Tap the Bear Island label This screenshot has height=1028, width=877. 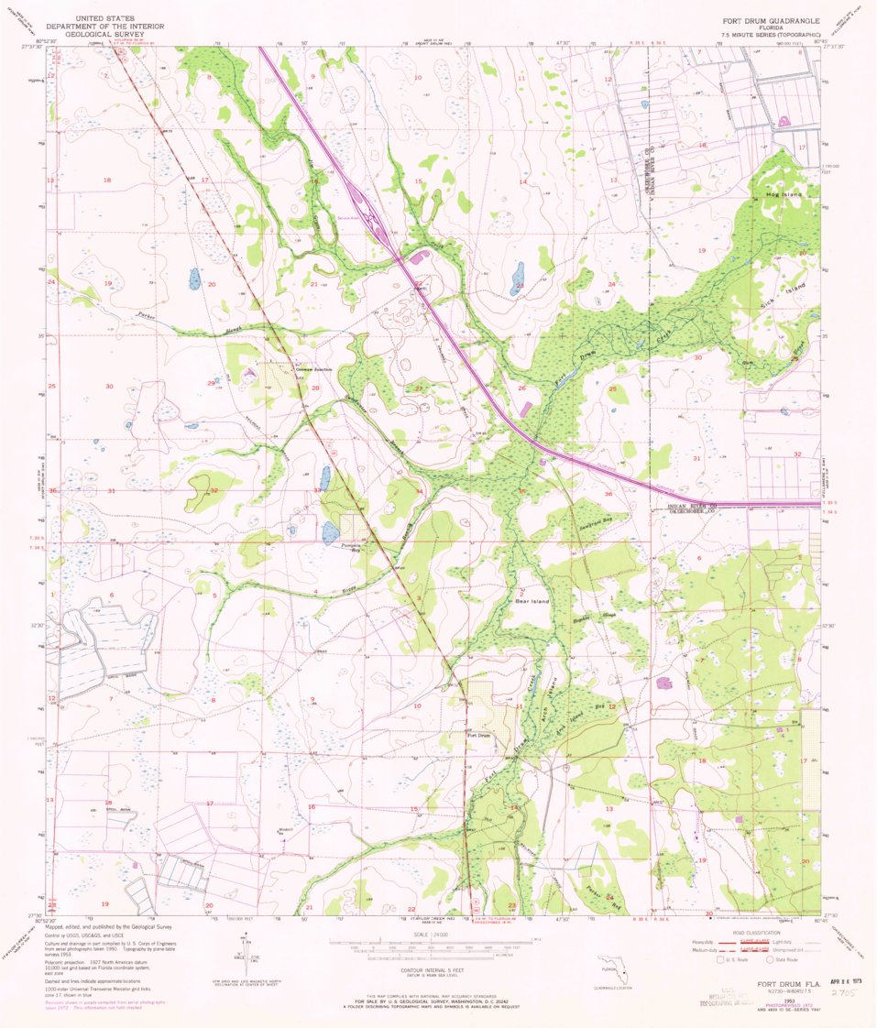532,601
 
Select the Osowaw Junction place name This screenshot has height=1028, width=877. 312,369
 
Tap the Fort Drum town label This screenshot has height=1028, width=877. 479,735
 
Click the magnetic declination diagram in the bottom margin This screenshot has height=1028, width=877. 249,953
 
